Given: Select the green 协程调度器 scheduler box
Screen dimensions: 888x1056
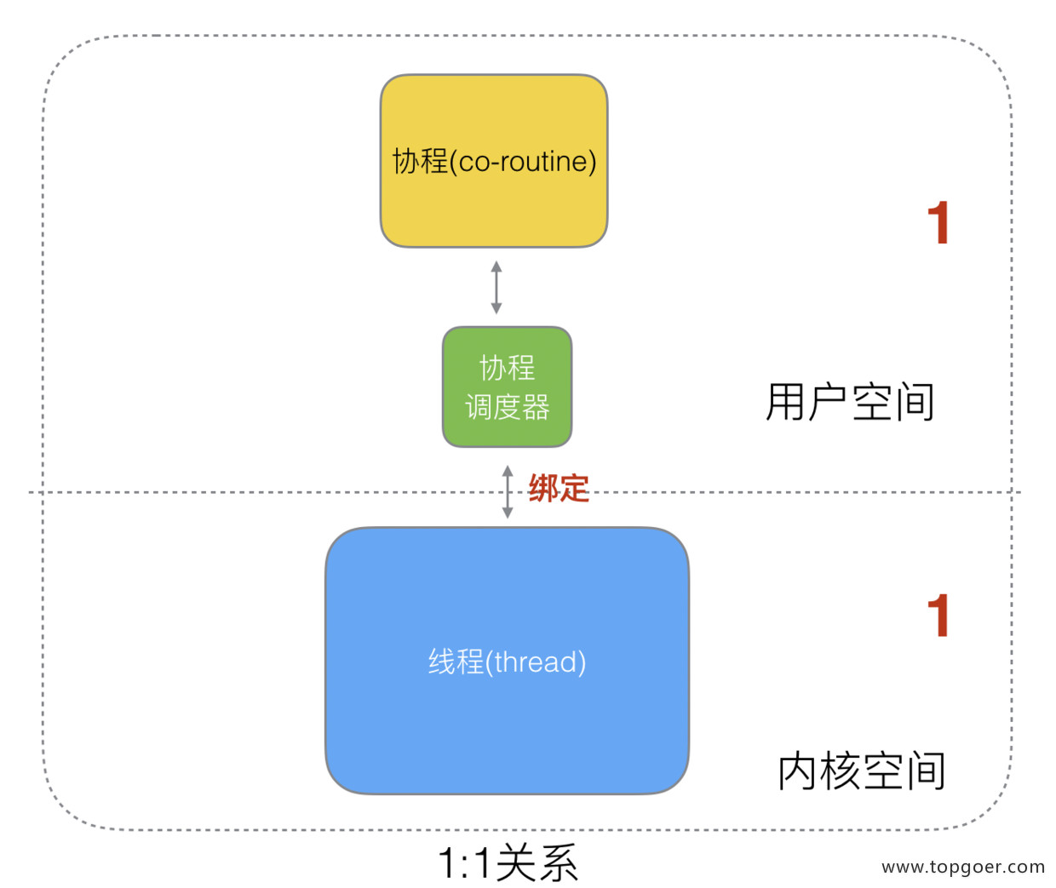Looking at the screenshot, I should (x=507, y=387).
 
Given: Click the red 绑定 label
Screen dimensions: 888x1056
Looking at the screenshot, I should (x=559, y=489).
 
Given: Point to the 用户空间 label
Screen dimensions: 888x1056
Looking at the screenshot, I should (x=850, y=402).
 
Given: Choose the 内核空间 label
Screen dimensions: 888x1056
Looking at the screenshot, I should (x=861, y=771).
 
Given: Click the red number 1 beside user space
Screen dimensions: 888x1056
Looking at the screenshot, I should (x=938, y=223).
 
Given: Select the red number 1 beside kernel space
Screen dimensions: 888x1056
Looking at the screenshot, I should (x=938, y=616).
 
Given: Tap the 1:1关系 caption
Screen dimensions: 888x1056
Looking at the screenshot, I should (x=508, y=863).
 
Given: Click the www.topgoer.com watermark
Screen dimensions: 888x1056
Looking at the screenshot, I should (x=963, y=867).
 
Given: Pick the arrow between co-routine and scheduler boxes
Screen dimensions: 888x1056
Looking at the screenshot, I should (x=496, y=288).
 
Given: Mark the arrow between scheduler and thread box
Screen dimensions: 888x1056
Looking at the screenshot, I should (x=508, y=492).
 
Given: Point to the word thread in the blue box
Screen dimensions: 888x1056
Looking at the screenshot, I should (x=536, y=662).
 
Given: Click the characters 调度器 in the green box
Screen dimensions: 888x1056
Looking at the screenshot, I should (x=508, y=407).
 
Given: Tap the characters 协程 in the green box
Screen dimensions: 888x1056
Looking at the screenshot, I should (x=508, y=368).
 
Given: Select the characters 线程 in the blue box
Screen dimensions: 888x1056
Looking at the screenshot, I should (x=456, y=662).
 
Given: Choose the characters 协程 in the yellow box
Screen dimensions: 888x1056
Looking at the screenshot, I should (x=420, y=161).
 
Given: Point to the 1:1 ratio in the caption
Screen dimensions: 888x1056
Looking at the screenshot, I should (x=465, y=863).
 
